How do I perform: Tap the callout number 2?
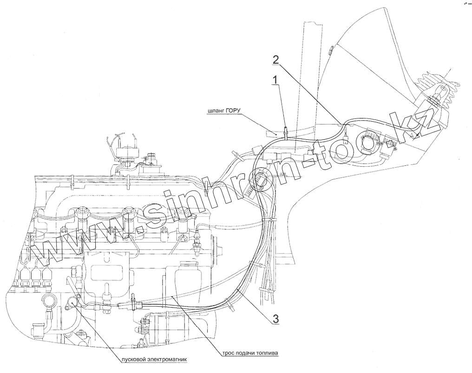275,59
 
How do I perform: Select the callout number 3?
275,319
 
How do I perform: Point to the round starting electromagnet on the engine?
73,302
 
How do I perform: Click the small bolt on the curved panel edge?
330,51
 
